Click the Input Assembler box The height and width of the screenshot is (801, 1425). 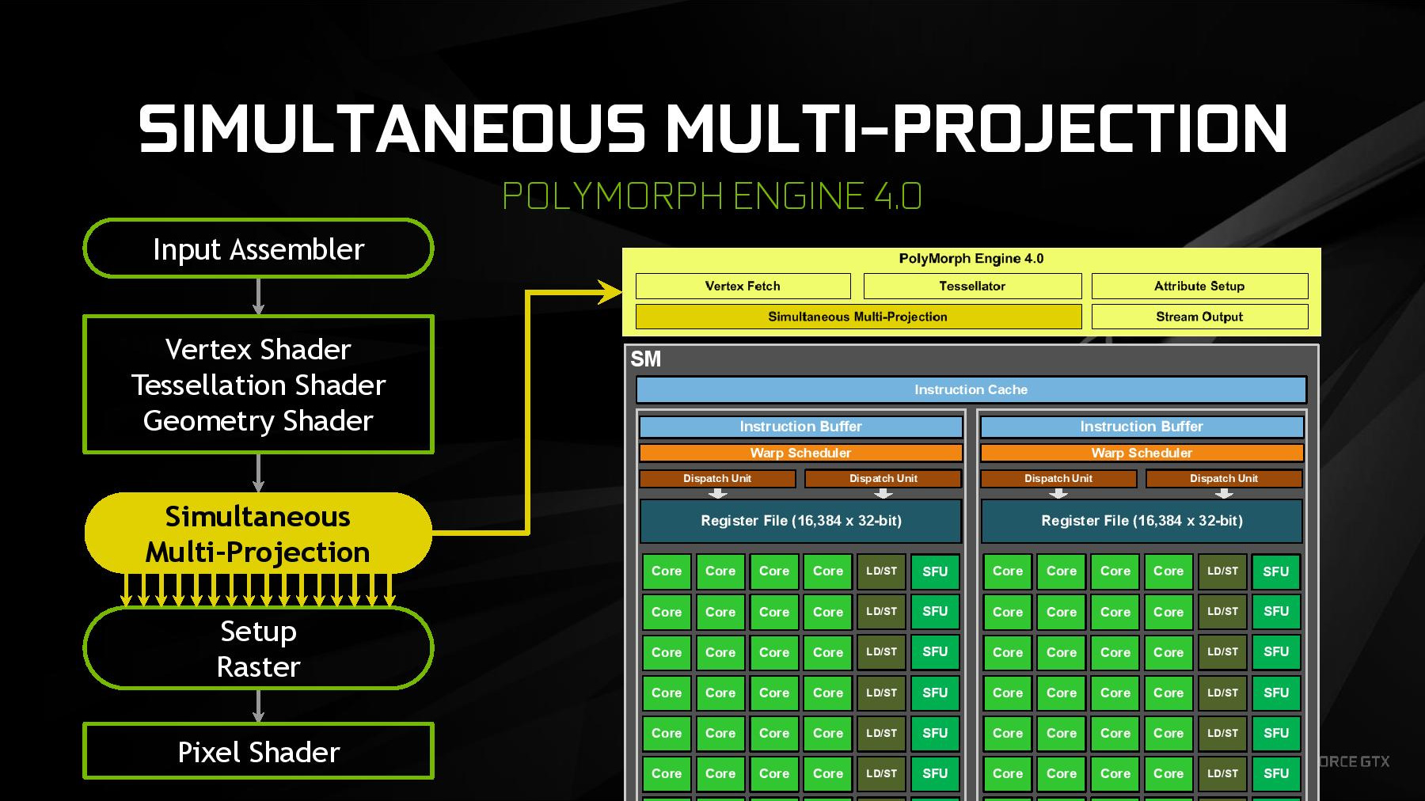point(258,249)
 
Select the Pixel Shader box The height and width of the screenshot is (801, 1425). point(258,751)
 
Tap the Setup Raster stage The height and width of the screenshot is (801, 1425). point(258,648)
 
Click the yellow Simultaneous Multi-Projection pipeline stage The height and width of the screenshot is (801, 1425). point(258,533)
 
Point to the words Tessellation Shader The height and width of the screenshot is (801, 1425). point(258,385)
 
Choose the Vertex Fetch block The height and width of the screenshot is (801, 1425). point(743,286)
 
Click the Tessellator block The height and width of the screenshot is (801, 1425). point(972,286)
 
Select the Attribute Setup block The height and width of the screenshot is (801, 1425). point(1199,286)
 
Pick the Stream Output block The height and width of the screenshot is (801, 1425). point(1199,317)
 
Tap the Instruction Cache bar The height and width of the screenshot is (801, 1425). point(971,389)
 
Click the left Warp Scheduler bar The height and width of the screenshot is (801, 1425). point(800,453)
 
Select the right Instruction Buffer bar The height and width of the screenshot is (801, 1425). point(1142,427)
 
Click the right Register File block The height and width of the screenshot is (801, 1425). point(1142,521)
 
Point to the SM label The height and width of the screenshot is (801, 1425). point(645,359)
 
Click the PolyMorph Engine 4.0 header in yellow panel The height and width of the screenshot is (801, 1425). point(971,259)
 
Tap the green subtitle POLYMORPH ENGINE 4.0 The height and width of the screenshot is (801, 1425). point(712,196)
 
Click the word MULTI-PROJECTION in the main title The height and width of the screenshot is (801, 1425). point(976,128)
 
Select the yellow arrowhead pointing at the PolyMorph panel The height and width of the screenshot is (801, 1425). point(610,292)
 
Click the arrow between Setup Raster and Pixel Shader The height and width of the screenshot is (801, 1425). point(258,706)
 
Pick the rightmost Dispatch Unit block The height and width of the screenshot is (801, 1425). point(1223,478)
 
